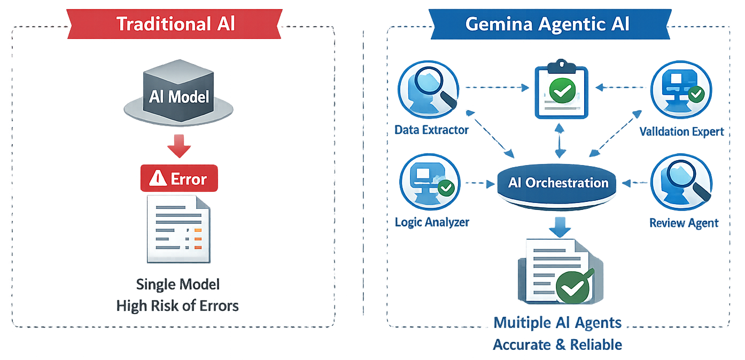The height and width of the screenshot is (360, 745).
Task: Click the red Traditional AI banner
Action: pos(176,24)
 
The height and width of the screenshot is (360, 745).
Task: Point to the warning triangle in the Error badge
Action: pos(158,179)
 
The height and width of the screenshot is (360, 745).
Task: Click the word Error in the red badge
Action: pos(188,179)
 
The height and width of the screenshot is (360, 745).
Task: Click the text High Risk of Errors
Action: pos(177,306)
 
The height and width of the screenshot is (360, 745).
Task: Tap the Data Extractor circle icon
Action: pos(428,89)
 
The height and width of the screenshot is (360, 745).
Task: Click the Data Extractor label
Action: pos(431,130)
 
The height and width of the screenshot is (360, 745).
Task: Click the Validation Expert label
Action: pos(681,131)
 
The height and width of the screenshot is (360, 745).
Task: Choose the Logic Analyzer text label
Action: pos(432,222)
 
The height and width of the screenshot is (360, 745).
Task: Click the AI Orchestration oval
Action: pos(558,183)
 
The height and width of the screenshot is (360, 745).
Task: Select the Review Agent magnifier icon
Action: pos(681,183)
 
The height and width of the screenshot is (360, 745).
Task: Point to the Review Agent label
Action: pos(684,223)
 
